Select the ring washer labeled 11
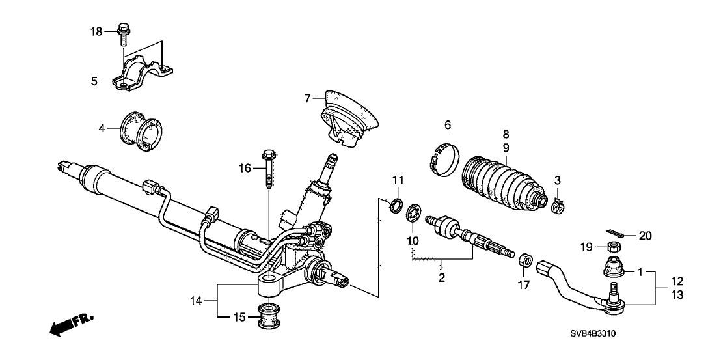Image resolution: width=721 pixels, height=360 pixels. [x=395, y=206]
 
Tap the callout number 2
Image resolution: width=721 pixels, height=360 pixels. [x=442, y=278]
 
